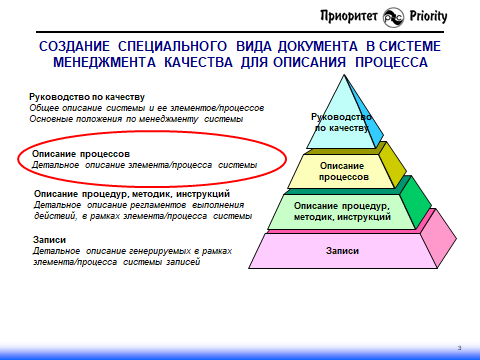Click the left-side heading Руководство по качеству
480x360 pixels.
87,97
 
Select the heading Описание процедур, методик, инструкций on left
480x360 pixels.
132,193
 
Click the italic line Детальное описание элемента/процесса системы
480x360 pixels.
145,164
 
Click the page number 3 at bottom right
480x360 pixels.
458,346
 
